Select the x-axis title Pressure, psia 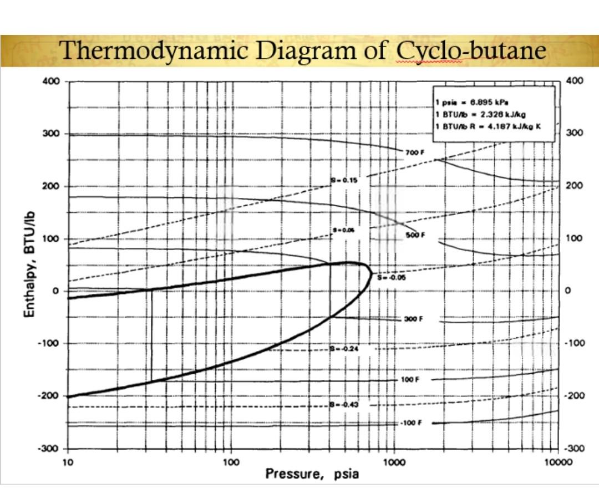click(312, 474)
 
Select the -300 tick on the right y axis click(575, 449)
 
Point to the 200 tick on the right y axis click(575, 186)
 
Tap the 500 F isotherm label click(415, 235)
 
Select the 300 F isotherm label click(413, 319)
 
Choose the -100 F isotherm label click(411, 422)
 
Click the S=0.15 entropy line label click(344, 180)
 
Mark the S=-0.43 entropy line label click(344, 405)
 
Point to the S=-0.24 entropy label click(344, 349)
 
